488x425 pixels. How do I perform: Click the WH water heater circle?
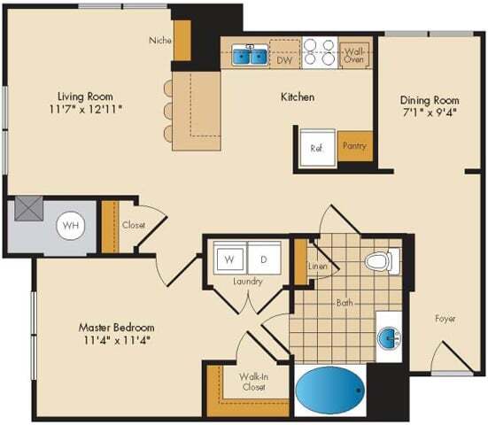tap(69, 226)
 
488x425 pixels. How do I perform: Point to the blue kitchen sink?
tap(249, 57)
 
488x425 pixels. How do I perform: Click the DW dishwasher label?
tap(284, 60)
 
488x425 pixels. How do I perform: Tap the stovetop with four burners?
tap(320, 52)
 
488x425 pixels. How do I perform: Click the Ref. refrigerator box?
tap(316, 148)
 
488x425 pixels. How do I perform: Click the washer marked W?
tap(229, 260)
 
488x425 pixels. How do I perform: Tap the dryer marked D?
tap(264, 260)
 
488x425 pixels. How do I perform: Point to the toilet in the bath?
tap(380, 262)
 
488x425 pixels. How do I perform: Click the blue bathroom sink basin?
tap(390, 336)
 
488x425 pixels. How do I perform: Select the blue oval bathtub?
tap(329, 390)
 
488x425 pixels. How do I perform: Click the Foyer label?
tap(445, 318)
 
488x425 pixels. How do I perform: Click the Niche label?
tap(159, 40)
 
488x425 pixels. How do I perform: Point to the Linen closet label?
tap(317, 267)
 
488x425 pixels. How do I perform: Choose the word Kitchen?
tap(298, 97)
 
